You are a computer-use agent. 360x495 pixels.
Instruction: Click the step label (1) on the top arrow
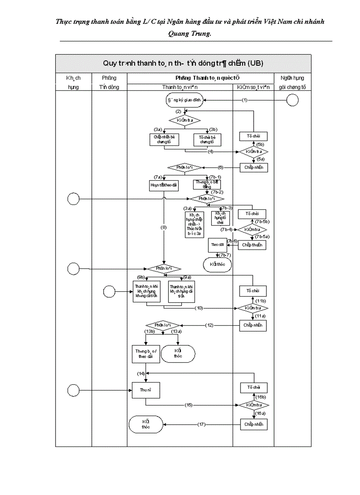[245, 100]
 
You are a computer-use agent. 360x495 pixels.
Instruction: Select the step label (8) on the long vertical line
[164, 227]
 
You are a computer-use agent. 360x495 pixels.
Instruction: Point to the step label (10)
[199, 308]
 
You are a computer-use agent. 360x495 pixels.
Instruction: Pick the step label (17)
[202, 424]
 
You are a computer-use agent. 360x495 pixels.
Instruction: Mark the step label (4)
[211, 152]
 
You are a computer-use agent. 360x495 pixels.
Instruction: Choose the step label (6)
[221, 167]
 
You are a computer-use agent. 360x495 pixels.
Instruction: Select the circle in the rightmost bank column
[292, 100]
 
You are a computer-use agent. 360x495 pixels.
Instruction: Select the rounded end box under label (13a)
[178, 353]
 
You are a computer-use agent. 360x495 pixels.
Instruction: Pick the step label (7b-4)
[227, 230]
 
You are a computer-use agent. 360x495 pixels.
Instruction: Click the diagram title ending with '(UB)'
[183, 63]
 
